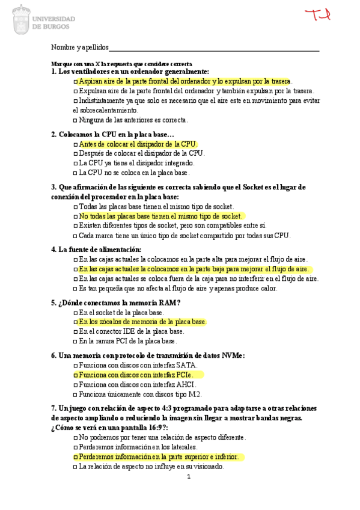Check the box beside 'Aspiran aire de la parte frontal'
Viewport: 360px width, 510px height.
(75, 81)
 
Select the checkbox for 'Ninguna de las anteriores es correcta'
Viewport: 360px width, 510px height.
(75, 120)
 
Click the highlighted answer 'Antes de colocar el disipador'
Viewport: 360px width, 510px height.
(138, 144)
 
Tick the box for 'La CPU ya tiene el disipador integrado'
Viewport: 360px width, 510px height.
(75, 163)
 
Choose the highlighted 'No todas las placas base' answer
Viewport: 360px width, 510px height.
(160, 216)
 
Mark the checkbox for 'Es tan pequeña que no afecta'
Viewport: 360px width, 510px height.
(75, 288)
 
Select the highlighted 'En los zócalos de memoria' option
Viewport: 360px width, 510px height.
(142, 322)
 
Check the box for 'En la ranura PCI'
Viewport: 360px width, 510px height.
(75, 341)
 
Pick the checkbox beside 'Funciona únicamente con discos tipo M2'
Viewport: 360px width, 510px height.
(75, 395)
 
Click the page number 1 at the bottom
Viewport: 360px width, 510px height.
(188, 477)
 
